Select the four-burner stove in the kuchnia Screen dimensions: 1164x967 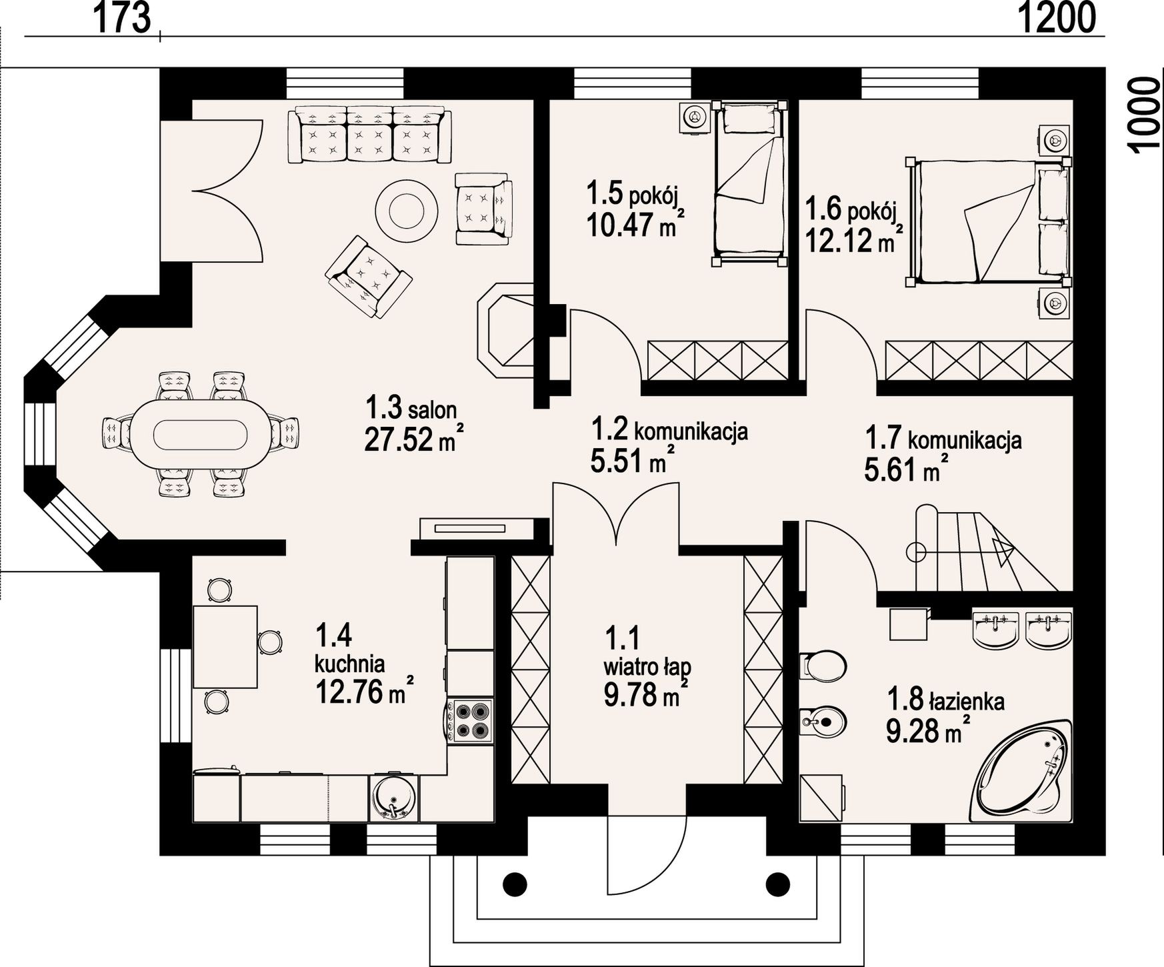[471, 721]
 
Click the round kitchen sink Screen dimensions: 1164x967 [393, 798]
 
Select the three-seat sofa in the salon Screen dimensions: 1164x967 [369, 135]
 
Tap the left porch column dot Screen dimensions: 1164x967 [515, 884]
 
